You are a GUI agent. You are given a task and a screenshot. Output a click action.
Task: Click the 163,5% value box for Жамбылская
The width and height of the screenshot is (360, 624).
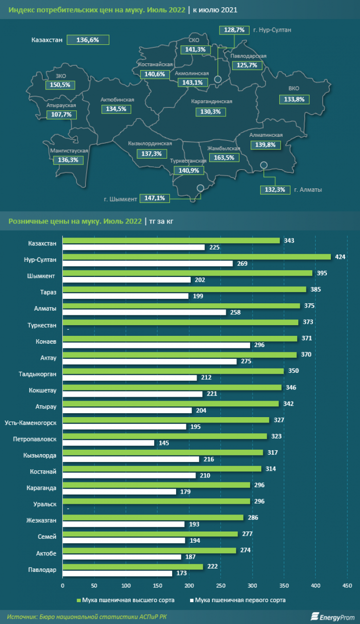click(224, 158)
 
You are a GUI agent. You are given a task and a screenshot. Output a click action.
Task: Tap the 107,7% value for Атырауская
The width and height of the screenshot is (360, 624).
click(61, 115)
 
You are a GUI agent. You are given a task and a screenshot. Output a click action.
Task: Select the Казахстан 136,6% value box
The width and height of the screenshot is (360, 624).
click(88, 40)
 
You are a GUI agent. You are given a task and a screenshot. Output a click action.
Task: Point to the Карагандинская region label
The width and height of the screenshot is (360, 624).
click(212, 101)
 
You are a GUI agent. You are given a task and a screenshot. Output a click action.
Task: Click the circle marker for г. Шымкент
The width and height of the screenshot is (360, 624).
click(200, 188)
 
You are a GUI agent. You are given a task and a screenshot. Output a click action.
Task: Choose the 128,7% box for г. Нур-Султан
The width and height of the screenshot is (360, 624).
click(234, 30)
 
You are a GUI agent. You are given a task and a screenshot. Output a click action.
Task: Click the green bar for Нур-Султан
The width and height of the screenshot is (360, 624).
click(197, 257)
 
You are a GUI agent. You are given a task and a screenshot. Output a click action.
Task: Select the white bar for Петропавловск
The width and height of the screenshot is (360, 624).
click(108, 443)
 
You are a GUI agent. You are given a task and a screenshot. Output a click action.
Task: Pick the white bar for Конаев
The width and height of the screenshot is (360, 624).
click(156, 345)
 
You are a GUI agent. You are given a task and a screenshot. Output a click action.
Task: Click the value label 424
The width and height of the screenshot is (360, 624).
click(341, 257)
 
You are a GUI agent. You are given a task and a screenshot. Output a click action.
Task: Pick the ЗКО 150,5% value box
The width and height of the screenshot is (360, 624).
click(60, 85)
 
